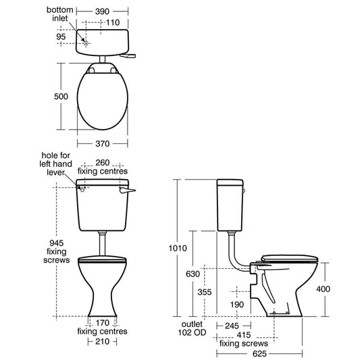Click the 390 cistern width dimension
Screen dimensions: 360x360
tap(102, 11)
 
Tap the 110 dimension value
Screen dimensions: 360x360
tap(113, 22)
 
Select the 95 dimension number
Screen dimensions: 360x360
tap(61, 36)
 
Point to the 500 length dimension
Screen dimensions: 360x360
tap(61, 97)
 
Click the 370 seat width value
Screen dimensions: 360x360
tap(103, 144)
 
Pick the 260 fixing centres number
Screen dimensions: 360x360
tap(103, 163)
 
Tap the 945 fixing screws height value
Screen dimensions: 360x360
tap(57, 243)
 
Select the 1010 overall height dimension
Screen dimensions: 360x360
tap(178, 248)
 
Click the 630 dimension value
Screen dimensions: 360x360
tap(192, 274)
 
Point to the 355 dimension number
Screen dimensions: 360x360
tap(205, 292)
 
